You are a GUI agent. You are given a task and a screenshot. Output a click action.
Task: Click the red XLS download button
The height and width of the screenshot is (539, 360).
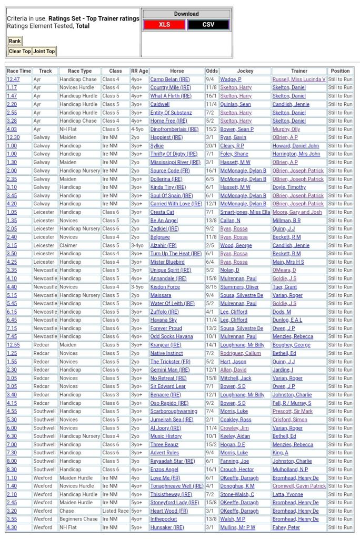[164, 25]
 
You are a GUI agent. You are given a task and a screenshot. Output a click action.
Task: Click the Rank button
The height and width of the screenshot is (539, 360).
[15, 41]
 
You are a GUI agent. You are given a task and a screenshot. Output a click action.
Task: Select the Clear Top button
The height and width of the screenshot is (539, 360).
[19, 51]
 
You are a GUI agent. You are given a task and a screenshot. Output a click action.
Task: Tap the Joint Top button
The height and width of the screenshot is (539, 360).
[44, 51]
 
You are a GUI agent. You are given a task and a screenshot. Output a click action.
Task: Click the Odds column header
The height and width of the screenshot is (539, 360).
[212, 71]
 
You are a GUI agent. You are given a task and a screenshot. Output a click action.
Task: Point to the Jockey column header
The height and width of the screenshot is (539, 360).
[245, 71]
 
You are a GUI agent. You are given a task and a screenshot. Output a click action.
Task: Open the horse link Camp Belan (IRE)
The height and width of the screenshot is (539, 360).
[170, 79]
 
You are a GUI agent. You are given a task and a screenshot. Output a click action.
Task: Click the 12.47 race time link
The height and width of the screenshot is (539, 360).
[13, 79]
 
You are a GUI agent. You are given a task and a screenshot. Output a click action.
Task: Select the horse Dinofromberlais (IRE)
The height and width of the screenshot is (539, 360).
[174, 129]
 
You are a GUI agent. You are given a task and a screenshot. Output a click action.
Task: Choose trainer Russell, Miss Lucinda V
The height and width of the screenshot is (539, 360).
[299, 79]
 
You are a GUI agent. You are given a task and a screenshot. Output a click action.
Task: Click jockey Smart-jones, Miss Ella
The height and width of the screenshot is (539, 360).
[245, 212]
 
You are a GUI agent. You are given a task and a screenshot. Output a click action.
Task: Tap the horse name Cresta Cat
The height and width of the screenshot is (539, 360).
[162, 212]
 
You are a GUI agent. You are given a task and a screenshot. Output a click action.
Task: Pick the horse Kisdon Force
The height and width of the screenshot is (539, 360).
[165, 287]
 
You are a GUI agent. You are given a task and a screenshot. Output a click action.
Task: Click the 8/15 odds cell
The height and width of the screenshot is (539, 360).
[212, 287]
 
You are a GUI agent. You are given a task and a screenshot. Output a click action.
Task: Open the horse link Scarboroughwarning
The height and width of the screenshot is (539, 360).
[174, 411]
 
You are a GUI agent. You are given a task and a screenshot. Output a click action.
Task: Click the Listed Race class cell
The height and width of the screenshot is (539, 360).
[115, 511]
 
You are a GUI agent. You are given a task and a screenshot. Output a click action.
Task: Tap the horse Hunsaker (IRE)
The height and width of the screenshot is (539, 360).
[167, 527]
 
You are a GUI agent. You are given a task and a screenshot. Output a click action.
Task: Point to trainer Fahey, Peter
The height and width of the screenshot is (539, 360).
[286, 527]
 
